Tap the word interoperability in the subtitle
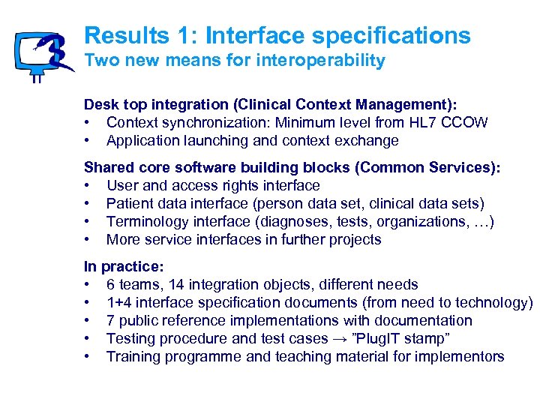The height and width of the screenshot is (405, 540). (329, 61)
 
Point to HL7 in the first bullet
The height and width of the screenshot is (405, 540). (418, 122)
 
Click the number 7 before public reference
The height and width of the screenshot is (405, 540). (111, 321)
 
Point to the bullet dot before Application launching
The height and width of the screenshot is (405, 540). (88, 141)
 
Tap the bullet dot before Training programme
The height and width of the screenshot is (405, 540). (88, 357)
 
